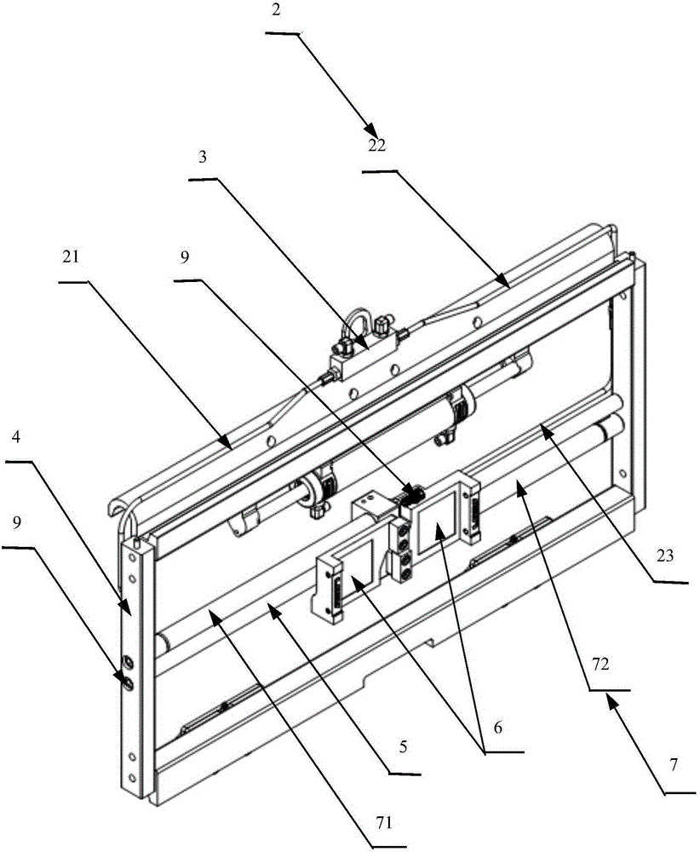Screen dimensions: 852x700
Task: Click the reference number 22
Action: (377, 145)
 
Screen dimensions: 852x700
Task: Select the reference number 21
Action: (69, 257)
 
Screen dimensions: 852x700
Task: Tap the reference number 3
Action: (202, 158)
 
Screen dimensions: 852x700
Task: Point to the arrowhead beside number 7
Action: (611, 700)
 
